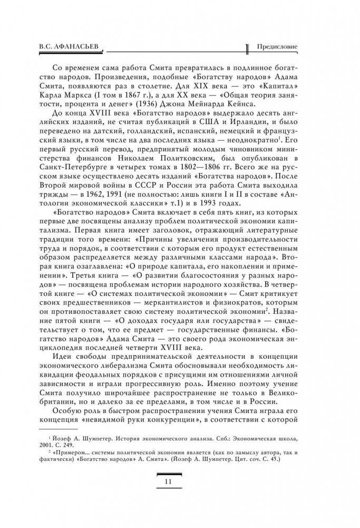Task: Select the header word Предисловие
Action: tap(276, 46)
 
